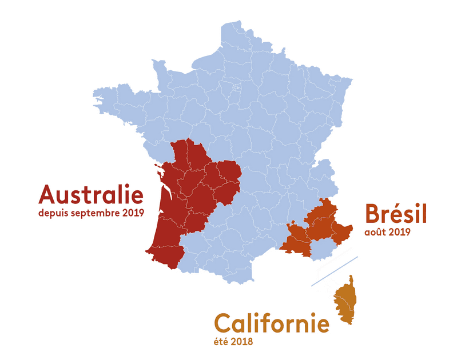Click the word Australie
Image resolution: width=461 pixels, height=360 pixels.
[x=90, y=195]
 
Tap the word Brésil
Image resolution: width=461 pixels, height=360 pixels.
[x=395, y=215]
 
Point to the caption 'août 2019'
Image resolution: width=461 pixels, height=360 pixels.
[x=387, y=233]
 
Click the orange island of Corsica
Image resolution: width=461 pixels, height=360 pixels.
[x=345, y=299]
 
